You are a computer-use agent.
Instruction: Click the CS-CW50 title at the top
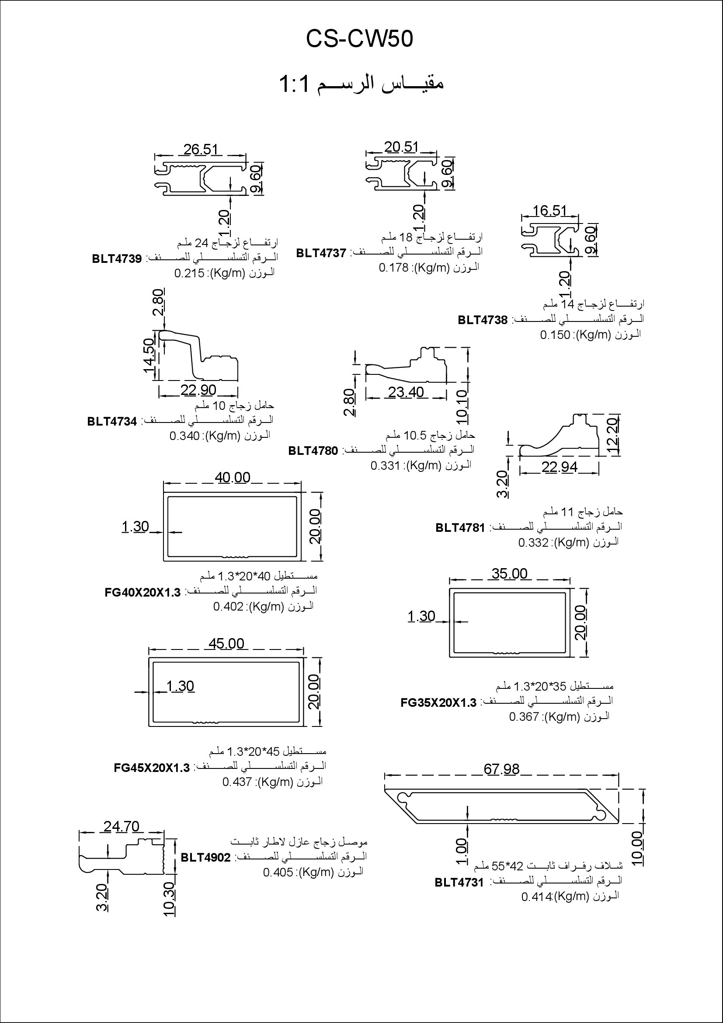point(359,39)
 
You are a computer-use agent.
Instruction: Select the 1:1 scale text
point(294,84)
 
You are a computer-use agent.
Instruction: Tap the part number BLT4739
point(117,259)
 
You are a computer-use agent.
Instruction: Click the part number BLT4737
point(321,253)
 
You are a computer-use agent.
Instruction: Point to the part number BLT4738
point(483,320)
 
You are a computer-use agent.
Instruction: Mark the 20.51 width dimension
point(402,147)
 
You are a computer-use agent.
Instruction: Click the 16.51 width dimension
point(550,210)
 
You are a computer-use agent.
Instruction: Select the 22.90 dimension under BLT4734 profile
point(198,390)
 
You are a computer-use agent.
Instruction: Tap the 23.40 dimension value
point(406,392)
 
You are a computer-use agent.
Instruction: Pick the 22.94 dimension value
point(560,467)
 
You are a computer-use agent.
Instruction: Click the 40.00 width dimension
point(233,477)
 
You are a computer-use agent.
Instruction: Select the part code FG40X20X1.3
point(143,593)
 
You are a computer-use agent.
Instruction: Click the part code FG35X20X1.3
point(438,703)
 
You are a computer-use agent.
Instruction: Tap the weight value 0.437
point(237,782)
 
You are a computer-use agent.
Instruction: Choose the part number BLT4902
point(206,858)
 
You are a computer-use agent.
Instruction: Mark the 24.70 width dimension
point(122,827)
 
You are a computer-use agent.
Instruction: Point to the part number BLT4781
point(460,528)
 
